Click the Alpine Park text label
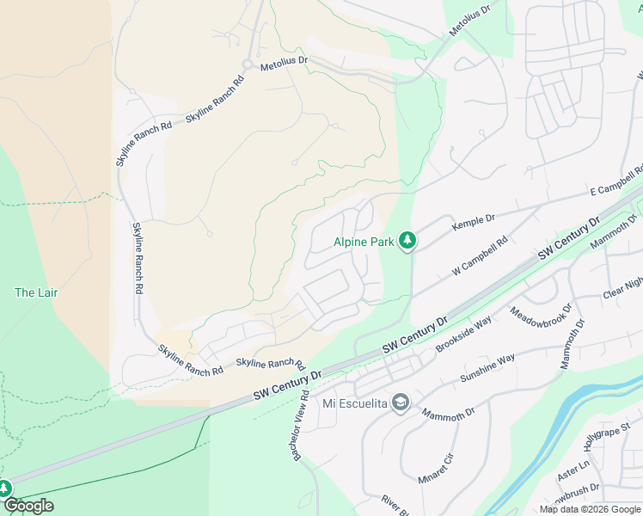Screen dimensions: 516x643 coord(363,243)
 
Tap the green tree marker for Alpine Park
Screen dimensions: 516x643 coord(407,242)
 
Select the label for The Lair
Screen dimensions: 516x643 coord(36,292)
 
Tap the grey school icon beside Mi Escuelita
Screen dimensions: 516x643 coord(400,402)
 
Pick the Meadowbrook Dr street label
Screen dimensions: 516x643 coord(539,321)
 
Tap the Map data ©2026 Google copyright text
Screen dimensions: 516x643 coord(589,509)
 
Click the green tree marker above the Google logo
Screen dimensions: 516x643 coord(4,488)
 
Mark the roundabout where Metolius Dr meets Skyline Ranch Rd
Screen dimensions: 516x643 coord(247,65)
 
